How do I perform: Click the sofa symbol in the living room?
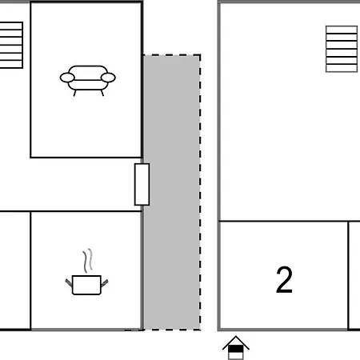[x=88, y=81]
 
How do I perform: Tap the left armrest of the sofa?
[x=67, y=78]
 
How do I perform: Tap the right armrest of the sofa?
[x=108, y=78]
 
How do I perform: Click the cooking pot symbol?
[x=86, y=285]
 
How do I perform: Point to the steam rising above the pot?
[x=88, y=261]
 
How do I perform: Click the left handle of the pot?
[x=69, y=282]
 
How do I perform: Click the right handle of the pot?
[x=104, y=282]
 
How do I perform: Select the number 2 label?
[x=284, y=280]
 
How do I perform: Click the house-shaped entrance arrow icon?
[x=236, y=347]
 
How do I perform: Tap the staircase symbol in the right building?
[x=342, y=49]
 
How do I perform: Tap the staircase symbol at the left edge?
[x=11, y=45]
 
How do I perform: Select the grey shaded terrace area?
[x=172, y=193]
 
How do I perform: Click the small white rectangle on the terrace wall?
[x=142, y=185]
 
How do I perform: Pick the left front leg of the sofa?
[x=74, y=93]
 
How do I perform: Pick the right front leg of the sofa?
[x=102, y=93]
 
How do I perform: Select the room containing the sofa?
[x=86, y=80]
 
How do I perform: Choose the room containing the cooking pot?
[x=86, y=270]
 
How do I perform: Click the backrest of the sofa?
[x=88, y=73]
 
